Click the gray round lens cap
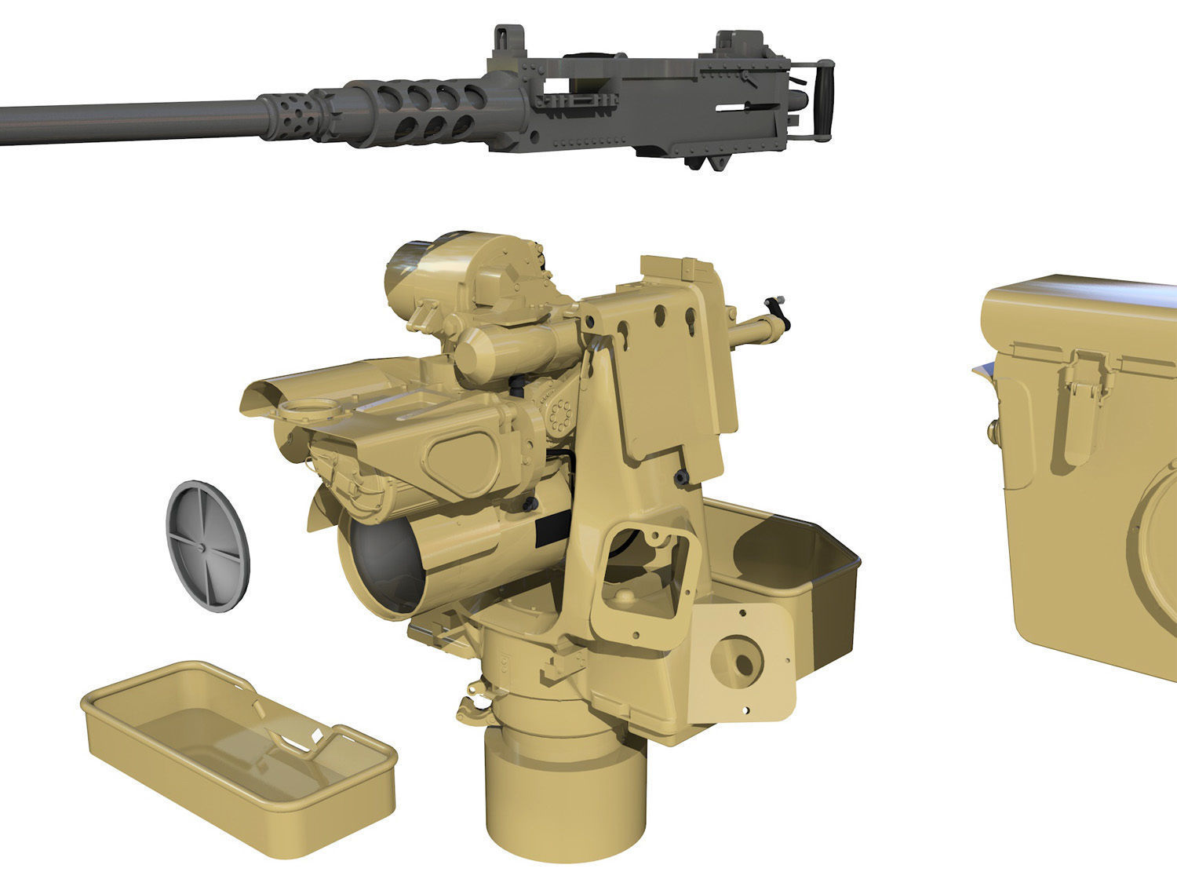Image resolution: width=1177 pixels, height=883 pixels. pos(207,545)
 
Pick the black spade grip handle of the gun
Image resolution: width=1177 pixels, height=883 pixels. pos(823,98)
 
